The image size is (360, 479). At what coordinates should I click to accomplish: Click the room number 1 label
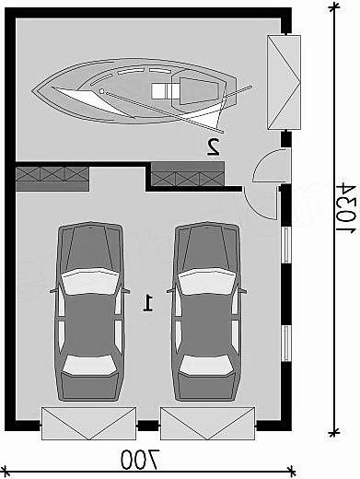tap(148, 303)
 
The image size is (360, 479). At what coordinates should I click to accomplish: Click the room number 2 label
tap(214, 146)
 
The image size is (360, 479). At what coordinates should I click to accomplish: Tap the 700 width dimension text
tap(140, 460)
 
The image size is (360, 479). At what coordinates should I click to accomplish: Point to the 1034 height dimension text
tap(347, 208)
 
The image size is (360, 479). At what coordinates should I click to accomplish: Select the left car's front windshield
tap(90, 281)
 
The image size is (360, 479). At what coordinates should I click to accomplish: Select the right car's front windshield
tap(207, 281)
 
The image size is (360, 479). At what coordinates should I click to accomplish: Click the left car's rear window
tap(89, 365)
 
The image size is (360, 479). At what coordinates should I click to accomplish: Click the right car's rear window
tap(206, 365)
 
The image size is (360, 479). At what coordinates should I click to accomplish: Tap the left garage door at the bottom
tap(88, 424)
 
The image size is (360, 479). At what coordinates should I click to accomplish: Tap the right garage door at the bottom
tap(208, 424)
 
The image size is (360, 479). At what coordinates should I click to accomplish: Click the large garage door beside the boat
tap(284, 82)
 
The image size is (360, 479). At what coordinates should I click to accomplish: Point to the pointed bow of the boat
tap(32, 90)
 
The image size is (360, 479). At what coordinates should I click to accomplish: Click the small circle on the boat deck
tap(101, 91)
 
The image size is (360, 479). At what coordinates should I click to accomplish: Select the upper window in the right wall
tap(286, 245)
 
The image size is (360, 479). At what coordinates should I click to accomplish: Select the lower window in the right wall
tap(286, 344)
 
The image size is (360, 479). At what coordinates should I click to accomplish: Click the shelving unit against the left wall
tap(52, 179)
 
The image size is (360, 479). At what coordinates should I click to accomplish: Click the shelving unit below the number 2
tap(188, 174)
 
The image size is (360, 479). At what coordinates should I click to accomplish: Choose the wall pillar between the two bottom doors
tap(148, 426)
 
